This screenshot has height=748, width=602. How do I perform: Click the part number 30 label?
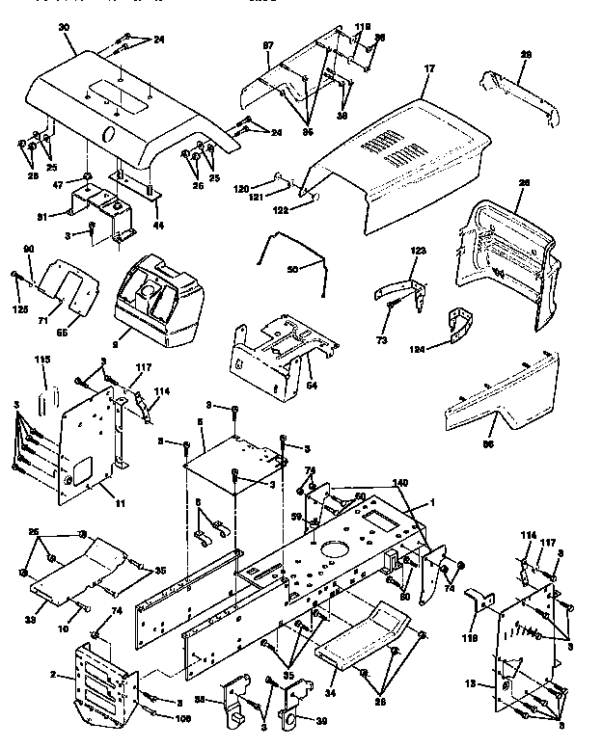[x=38, y=29]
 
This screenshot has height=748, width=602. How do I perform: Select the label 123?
[x=417, y=251]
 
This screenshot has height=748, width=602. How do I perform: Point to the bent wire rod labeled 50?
[x=289, y=254]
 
